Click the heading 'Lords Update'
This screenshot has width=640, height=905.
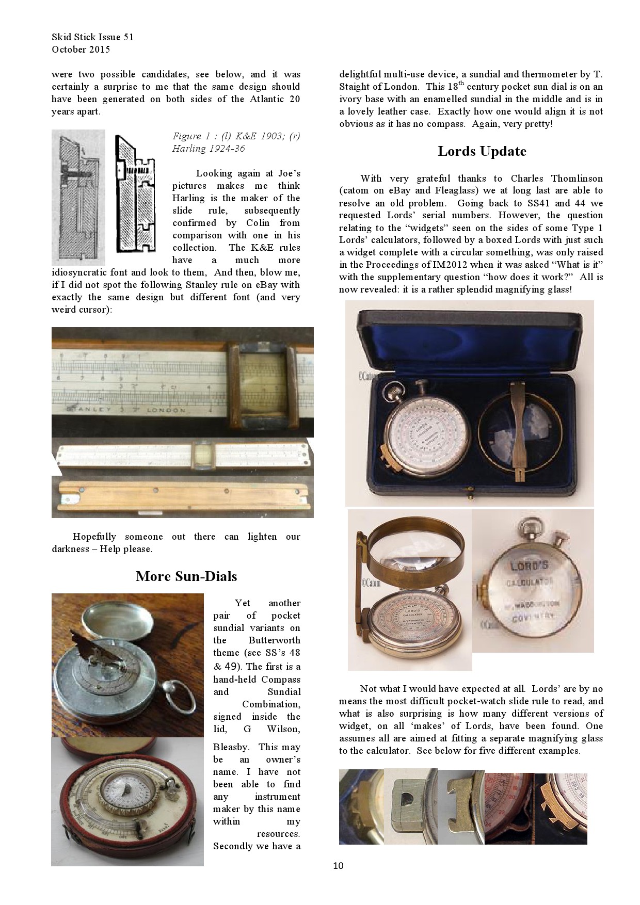[x=482, y=151]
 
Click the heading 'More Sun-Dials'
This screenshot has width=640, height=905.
[x=186, y=576]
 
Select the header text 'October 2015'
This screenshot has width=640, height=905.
[x=81, y=50]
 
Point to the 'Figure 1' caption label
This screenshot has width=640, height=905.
[x=187, y=136]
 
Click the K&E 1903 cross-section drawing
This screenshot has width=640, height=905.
[x=78, y=197]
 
